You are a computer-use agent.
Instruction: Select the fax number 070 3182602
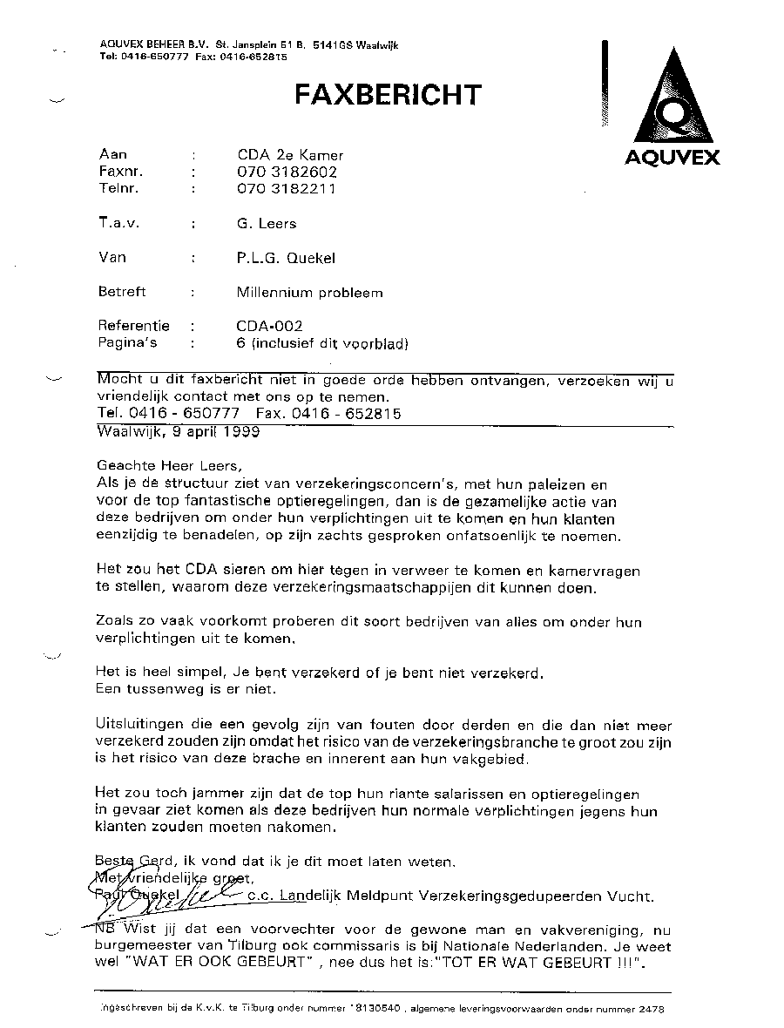pyautogui.click(x=287, y=172)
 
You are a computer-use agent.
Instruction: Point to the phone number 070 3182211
pyautogui.click(x=286, y=188)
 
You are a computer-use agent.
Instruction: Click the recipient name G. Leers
pyautogui.click(x=267, y=224)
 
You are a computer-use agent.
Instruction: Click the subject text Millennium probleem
pyautogui.click(x=309, y=293)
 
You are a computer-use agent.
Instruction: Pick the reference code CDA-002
pyautogui.click(x=269, y=327)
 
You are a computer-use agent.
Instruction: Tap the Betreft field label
pyautogui.click(x=123, y=293)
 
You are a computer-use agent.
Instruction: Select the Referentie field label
pyautogui.click(x=134, y=327)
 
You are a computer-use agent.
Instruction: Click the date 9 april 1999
pyautogui.click(x=215, y=431)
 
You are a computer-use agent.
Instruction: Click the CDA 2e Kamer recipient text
pyautogui.click(x=290, y=155)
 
